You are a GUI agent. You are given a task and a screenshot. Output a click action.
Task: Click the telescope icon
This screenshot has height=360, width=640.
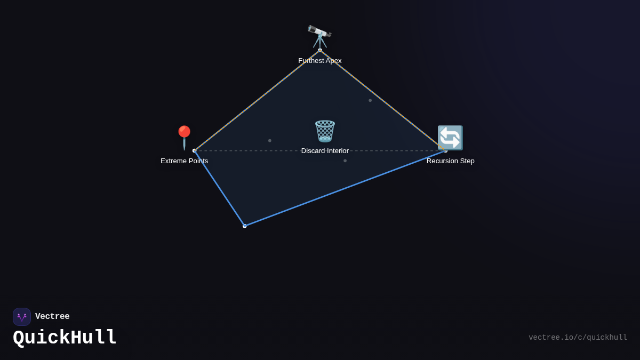[x=319, y=37]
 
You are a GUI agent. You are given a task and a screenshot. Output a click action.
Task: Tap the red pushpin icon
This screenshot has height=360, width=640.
[x=184, y=138]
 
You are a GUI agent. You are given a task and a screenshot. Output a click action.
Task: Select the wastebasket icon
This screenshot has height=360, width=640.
[x=325, y=131]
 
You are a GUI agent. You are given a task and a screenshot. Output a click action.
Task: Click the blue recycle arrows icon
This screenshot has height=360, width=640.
[x=450, y=138]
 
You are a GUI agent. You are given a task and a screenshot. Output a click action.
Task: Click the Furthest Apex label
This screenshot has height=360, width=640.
[x=319, y=61]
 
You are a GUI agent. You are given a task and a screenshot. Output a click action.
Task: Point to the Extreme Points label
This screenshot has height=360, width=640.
[x=185, y=161]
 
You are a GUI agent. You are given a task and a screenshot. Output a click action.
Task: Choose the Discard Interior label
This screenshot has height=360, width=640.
[x=325, y=151]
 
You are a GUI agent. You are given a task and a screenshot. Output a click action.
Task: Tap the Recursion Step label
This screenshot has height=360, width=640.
[x=450, y=161]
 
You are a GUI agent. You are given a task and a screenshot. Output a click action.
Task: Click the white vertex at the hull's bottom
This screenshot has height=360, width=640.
[x=245, y=226]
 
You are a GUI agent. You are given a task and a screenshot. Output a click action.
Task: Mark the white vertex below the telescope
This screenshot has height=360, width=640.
[x=320, y=50]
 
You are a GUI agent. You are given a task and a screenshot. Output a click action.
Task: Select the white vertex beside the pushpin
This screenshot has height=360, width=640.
[x=195, y=150]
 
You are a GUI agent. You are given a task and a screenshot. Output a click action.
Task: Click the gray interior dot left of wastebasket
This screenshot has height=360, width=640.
[x=270, y=141]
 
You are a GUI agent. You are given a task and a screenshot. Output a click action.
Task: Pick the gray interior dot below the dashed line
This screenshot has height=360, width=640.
[x=345, y=161]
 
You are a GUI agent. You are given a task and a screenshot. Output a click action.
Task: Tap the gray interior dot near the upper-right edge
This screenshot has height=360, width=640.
[x=370, y=100]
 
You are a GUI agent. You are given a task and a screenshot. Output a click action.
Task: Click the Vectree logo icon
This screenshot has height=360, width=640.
[x=22, y=317]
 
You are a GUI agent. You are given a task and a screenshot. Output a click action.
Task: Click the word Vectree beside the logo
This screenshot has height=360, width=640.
[x=52, y=316]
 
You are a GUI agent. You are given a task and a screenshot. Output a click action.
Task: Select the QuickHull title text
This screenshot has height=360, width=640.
[x=65, y=338]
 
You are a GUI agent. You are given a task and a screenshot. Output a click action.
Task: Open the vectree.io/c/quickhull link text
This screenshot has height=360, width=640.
[x=578, y=338]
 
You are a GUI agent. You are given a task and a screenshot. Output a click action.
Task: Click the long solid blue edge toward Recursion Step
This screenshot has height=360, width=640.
[x=345, y=188]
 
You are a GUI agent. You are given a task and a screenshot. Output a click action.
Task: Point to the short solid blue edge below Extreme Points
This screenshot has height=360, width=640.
[x=219, y=188]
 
